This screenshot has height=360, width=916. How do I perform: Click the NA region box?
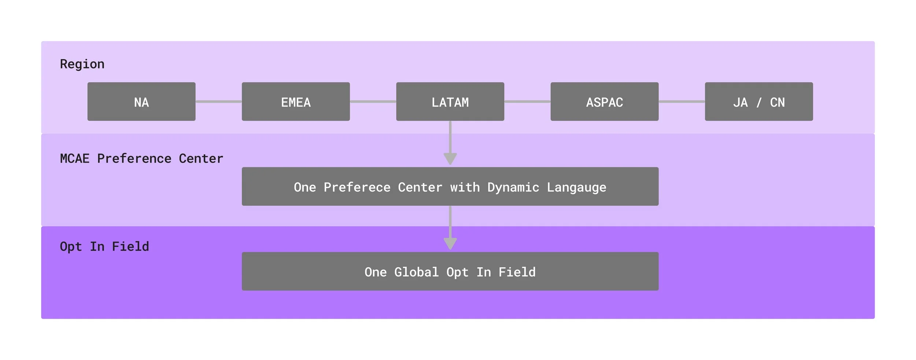coord(141,102)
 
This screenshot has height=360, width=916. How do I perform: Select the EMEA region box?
coord(296,102)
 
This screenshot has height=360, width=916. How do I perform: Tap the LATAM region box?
coord(450,102)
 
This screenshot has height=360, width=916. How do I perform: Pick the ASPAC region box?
coord(604,102)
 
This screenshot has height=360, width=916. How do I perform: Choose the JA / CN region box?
coord(759,102)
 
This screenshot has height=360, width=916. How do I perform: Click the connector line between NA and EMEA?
coord(218,101)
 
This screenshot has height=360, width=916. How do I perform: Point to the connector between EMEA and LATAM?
coord(373,101)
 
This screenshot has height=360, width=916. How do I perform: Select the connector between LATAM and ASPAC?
coord(527,101)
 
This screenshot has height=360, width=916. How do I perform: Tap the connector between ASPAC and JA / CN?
coord(682,101)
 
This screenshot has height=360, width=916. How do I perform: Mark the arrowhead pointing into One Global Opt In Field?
coord(450,244)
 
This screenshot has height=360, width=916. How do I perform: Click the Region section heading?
coord(82,64)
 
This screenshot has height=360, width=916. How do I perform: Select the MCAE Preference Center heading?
coord(141,159)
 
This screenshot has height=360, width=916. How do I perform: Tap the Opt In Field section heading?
coord(104,246)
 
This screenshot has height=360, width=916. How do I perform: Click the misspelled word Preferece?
coord(357,188)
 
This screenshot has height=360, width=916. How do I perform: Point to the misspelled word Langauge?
coord(576,188)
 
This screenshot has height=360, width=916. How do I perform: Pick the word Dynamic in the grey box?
coord(513,188)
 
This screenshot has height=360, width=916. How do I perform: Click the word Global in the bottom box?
coord(416,272)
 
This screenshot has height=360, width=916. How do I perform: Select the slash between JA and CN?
coord(759,103)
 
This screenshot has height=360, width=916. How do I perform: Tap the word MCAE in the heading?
coord(75,159)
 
